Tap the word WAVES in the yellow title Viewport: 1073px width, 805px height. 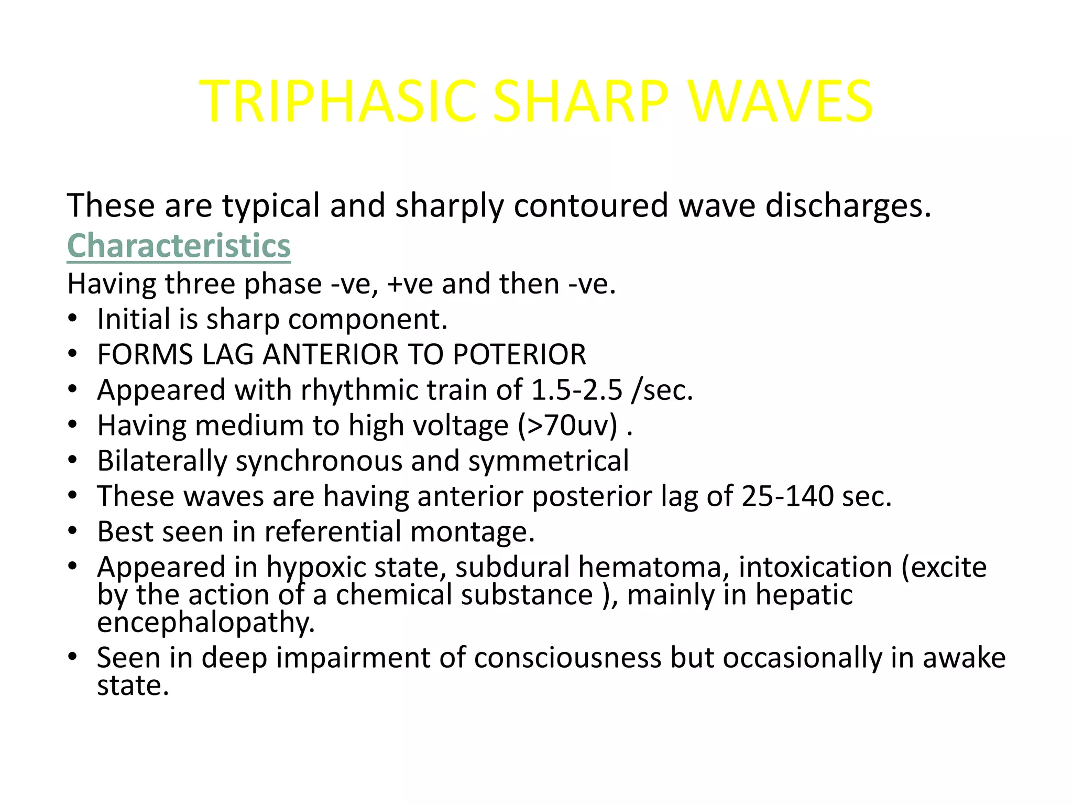(781, 101)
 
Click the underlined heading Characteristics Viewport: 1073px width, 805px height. (179, 245)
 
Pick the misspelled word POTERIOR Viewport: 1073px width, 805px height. (519, 355)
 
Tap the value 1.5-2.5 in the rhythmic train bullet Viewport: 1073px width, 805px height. (577, 390)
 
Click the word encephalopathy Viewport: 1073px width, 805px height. (206, 623)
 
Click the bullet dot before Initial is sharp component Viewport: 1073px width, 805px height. (73, 319)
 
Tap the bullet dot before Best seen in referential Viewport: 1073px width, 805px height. (73, 531)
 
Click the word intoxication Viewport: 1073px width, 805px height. (815, 567)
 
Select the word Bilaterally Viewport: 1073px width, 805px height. (162, 461)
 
